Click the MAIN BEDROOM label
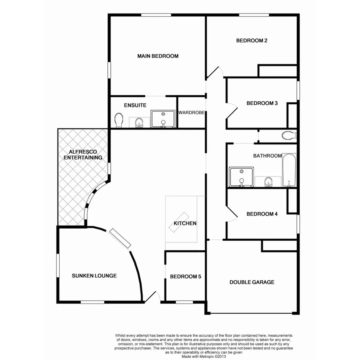[158, 56]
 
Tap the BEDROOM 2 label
[252, 40]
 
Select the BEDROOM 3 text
[262, 103]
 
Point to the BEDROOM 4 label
[262, 214]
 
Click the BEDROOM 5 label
[185, 277]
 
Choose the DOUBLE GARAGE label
[252, 282]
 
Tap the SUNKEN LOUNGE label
[94, 276]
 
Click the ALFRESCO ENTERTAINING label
[83, 155]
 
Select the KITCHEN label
[185, 223]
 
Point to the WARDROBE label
[191, 113]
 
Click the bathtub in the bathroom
[289, 170]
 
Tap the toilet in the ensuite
[119, 120]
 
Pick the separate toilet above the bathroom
[288, 136]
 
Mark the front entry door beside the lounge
[151, 297]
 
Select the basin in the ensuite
[139, 123]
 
